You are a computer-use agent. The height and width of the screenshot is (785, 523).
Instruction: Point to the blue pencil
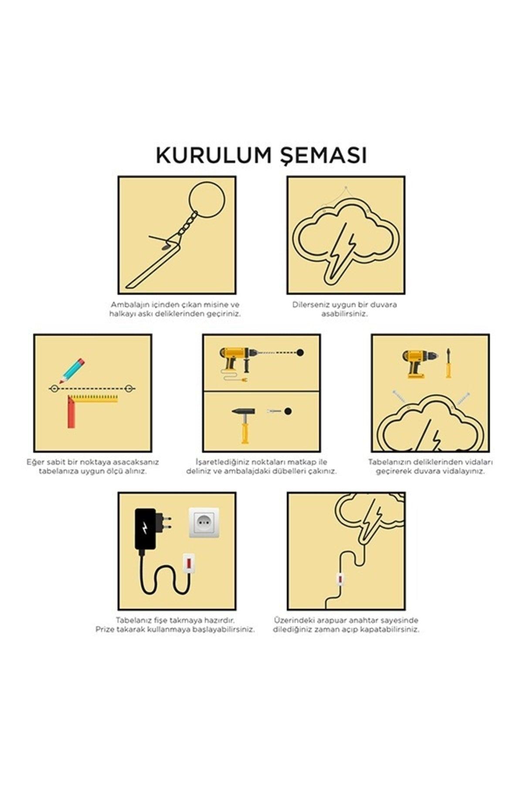[72, 371]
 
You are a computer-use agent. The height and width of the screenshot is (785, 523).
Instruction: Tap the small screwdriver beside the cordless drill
[448, 363]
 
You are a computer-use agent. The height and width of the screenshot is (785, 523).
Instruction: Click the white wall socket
[204, 523]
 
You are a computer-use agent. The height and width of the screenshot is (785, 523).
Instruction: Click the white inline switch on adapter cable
[188, 563]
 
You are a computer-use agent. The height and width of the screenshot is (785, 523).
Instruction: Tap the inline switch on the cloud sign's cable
[340, 578]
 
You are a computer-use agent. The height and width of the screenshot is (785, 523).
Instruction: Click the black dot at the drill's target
[300, 352]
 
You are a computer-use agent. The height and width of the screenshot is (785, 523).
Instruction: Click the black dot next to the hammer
[288, 411]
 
